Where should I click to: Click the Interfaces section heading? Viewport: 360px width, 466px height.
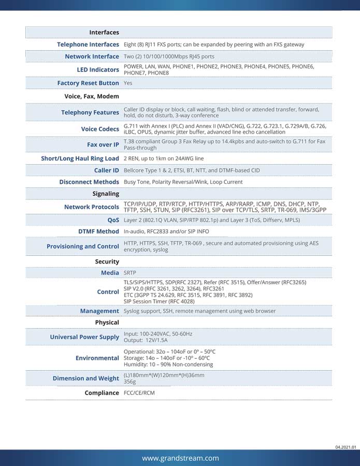[104, 32]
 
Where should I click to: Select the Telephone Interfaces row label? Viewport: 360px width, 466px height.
[88, 45]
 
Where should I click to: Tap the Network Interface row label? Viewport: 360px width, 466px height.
[92, 56]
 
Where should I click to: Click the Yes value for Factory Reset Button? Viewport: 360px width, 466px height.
[128, 83]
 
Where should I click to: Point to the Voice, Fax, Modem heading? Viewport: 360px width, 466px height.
[92, 96]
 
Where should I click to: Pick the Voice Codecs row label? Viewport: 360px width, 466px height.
[100, 129]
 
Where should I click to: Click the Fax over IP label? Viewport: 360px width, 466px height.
[103, 144]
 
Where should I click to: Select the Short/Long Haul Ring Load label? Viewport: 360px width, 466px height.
[80, 158]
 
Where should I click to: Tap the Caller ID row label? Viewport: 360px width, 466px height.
[106, 170]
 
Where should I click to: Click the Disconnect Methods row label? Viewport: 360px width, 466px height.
[89, 182]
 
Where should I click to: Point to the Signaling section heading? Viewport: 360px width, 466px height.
[106, 194]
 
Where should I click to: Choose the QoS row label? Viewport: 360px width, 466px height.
[113, 220]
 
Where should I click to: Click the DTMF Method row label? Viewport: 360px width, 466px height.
[98, 231]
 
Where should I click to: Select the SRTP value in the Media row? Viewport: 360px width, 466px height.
[131, 272]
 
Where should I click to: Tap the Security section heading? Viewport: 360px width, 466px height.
[107, 261]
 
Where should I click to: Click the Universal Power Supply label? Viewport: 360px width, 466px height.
[84, 337]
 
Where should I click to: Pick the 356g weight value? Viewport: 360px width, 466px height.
[129, 381]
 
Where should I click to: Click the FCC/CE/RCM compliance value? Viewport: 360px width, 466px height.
[139, 393]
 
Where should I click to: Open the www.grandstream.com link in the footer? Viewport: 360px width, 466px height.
[180, 458]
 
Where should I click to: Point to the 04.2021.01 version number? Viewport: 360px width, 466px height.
[345, 446]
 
